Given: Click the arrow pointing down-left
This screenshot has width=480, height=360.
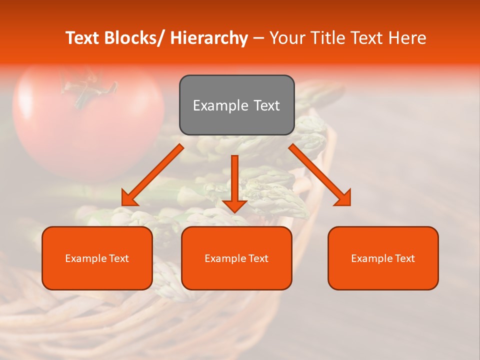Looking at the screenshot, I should tap(152, 175).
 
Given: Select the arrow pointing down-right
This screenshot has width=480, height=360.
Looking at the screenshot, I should tap(320, 175).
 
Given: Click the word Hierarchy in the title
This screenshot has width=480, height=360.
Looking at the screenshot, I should tap(209, 38).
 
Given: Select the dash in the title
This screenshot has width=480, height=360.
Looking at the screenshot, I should tap(258, 38).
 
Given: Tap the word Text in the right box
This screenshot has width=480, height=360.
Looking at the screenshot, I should tap(404, 258).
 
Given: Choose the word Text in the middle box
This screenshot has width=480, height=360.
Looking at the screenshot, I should tap(258, 258).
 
